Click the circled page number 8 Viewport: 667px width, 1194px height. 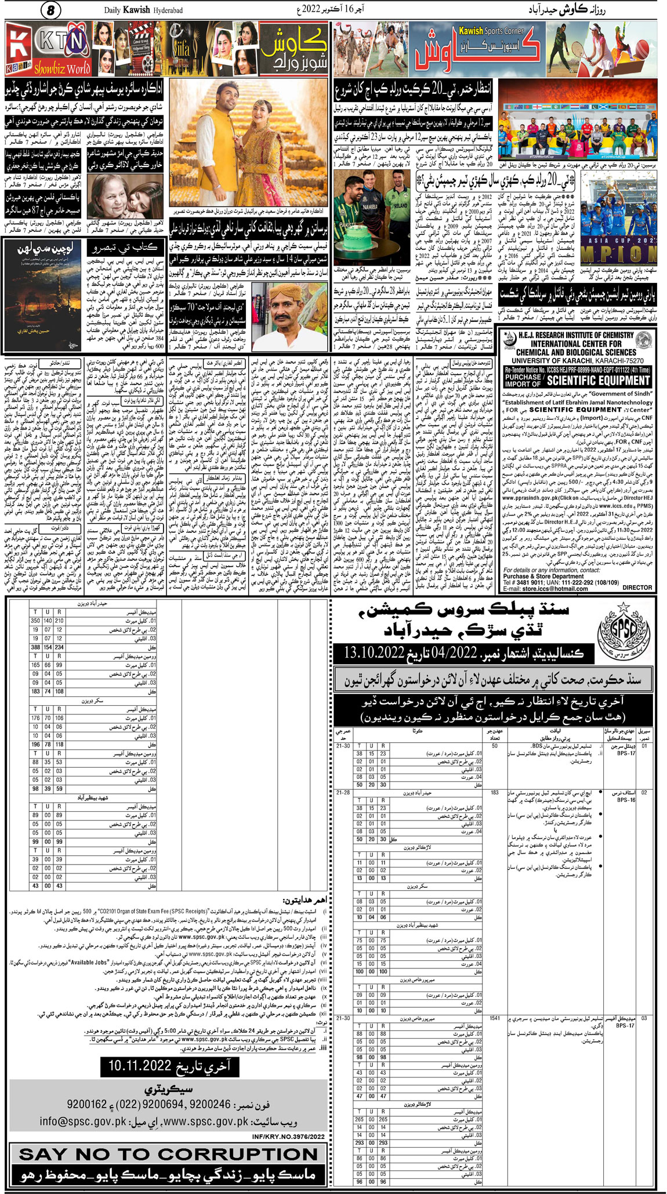point(50,10)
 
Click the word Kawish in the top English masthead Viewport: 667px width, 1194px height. point(136,10)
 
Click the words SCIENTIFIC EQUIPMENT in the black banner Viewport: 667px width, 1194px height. point(598,381)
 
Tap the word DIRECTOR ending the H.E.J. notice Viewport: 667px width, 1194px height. point(637,587)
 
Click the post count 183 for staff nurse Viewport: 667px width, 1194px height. point(494,792)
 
